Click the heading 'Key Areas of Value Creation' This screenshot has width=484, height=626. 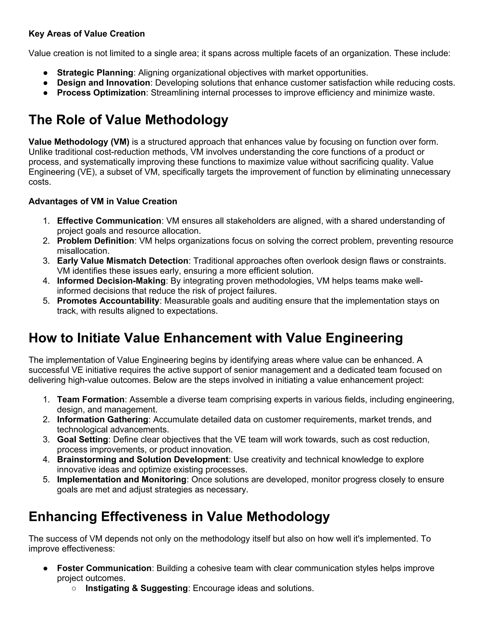point(86,34)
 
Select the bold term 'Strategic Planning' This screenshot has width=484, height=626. point(95,73)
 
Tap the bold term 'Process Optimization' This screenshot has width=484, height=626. point(101,93)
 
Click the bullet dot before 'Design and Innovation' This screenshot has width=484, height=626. point(45,83)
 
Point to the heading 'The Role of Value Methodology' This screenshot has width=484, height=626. point(128,120)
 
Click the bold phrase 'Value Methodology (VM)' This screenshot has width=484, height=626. point(79,142)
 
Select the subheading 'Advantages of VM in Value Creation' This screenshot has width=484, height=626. point(103,202)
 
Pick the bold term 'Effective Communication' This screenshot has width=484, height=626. point(109,221)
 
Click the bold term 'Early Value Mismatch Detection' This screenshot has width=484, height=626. point(122,261)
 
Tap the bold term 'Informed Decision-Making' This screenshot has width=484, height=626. point(111,281)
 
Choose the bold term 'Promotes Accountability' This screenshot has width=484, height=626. point(108,301)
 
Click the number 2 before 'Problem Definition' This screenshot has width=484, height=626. point(46,241)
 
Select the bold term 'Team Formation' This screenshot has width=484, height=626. point(91,399)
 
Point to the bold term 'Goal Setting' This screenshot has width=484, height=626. point(82,439)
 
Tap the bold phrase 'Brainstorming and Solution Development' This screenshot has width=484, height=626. point(143,459)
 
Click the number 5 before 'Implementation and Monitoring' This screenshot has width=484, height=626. point(46,480)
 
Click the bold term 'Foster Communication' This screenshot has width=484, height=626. point(104,568)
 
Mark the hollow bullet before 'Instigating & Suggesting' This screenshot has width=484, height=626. point(74,588)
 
